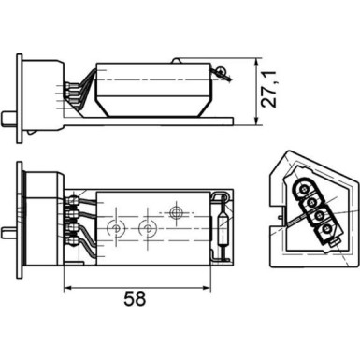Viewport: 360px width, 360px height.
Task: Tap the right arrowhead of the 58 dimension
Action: pos(231,284)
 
